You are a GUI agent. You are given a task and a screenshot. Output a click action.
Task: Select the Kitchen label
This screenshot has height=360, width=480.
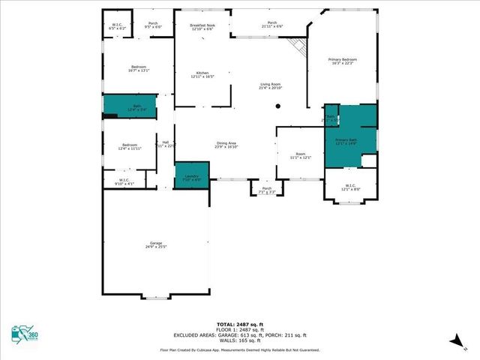[x=202, y=74]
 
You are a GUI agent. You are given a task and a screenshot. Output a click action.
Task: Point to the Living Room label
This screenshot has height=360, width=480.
[x=270, y=85]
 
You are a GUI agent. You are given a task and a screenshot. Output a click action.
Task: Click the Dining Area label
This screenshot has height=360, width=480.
[x=226, y=145]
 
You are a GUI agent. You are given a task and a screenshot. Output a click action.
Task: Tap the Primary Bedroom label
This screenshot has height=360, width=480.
[x=343, y=61]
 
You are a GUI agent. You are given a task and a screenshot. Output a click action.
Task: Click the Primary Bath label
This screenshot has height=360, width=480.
[x=346, y=142]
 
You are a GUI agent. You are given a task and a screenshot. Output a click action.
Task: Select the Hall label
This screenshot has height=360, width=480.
[x=166, y=144]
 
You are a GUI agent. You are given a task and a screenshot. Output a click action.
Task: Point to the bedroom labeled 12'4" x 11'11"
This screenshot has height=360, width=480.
[x=130, y=146]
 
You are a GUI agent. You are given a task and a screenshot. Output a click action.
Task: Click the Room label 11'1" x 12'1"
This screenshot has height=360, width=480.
[x=299, y=155]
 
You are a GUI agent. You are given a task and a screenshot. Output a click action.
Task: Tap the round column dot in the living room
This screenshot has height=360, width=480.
[x=277, y=106]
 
